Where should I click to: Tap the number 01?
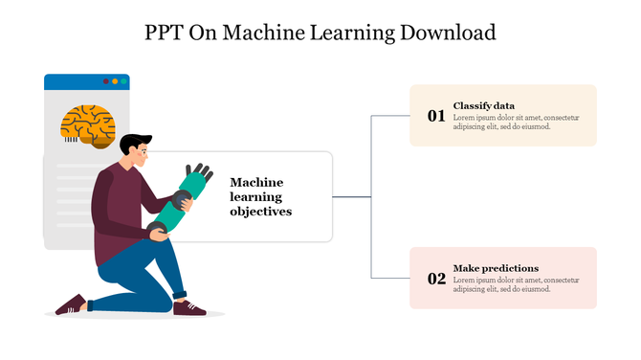point(436,116)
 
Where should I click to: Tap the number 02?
point(436,279)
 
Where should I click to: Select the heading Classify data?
point(484,105)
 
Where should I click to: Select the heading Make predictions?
point(496,268)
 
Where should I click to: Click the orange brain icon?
point(89,125)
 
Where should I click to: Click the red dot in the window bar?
point(105,81)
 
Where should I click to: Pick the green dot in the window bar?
point(123,81)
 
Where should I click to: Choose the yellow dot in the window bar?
point(115,81)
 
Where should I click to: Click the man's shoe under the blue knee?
point(190,307)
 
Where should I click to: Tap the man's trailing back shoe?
point(71,305)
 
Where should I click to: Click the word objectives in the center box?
point(260,212)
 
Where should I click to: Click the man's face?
point(144,154)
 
